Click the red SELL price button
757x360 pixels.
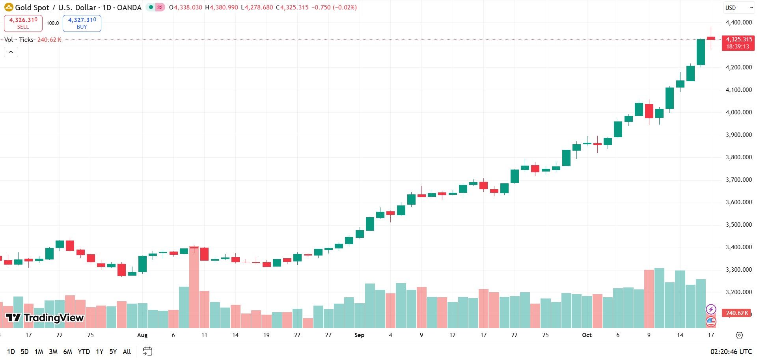tap(23, 23)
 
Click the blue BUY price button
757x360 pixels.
tap(82, 23)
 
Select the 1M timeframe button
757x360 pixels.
tap(39, 351)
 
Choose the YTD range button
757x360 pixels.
tap(84, 351)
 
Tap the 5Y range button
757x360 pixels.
tap(113, 351)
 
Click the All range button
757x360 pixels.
tap(127, 351)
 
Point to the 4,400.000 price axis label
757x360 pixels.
tap(738, 22)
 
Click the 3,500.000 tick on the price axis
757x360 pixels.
tap(738, 225)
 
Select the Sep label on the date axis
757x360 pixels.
tap(359, 335)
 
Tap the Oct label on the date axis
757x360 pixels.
tap(587, 335)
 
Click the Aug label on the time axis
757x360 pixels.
tap(142, 335)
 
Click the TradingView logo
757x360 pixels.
tap(45, 318)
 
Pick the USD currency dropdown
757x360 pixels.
tap(738, 7)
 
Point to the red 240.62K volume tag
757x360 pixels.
tap(736, 313)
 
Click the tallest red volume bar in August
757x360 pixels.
tap(194, 287)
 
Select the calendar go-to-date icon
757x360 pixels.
tap(147, 351)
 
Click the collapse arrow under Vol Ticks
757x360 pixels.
tap(11, 52)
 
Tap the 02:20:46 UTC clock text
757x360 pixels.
tap(731, 352)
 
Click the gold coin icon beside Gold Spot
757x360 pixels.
tap(8, 7)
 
